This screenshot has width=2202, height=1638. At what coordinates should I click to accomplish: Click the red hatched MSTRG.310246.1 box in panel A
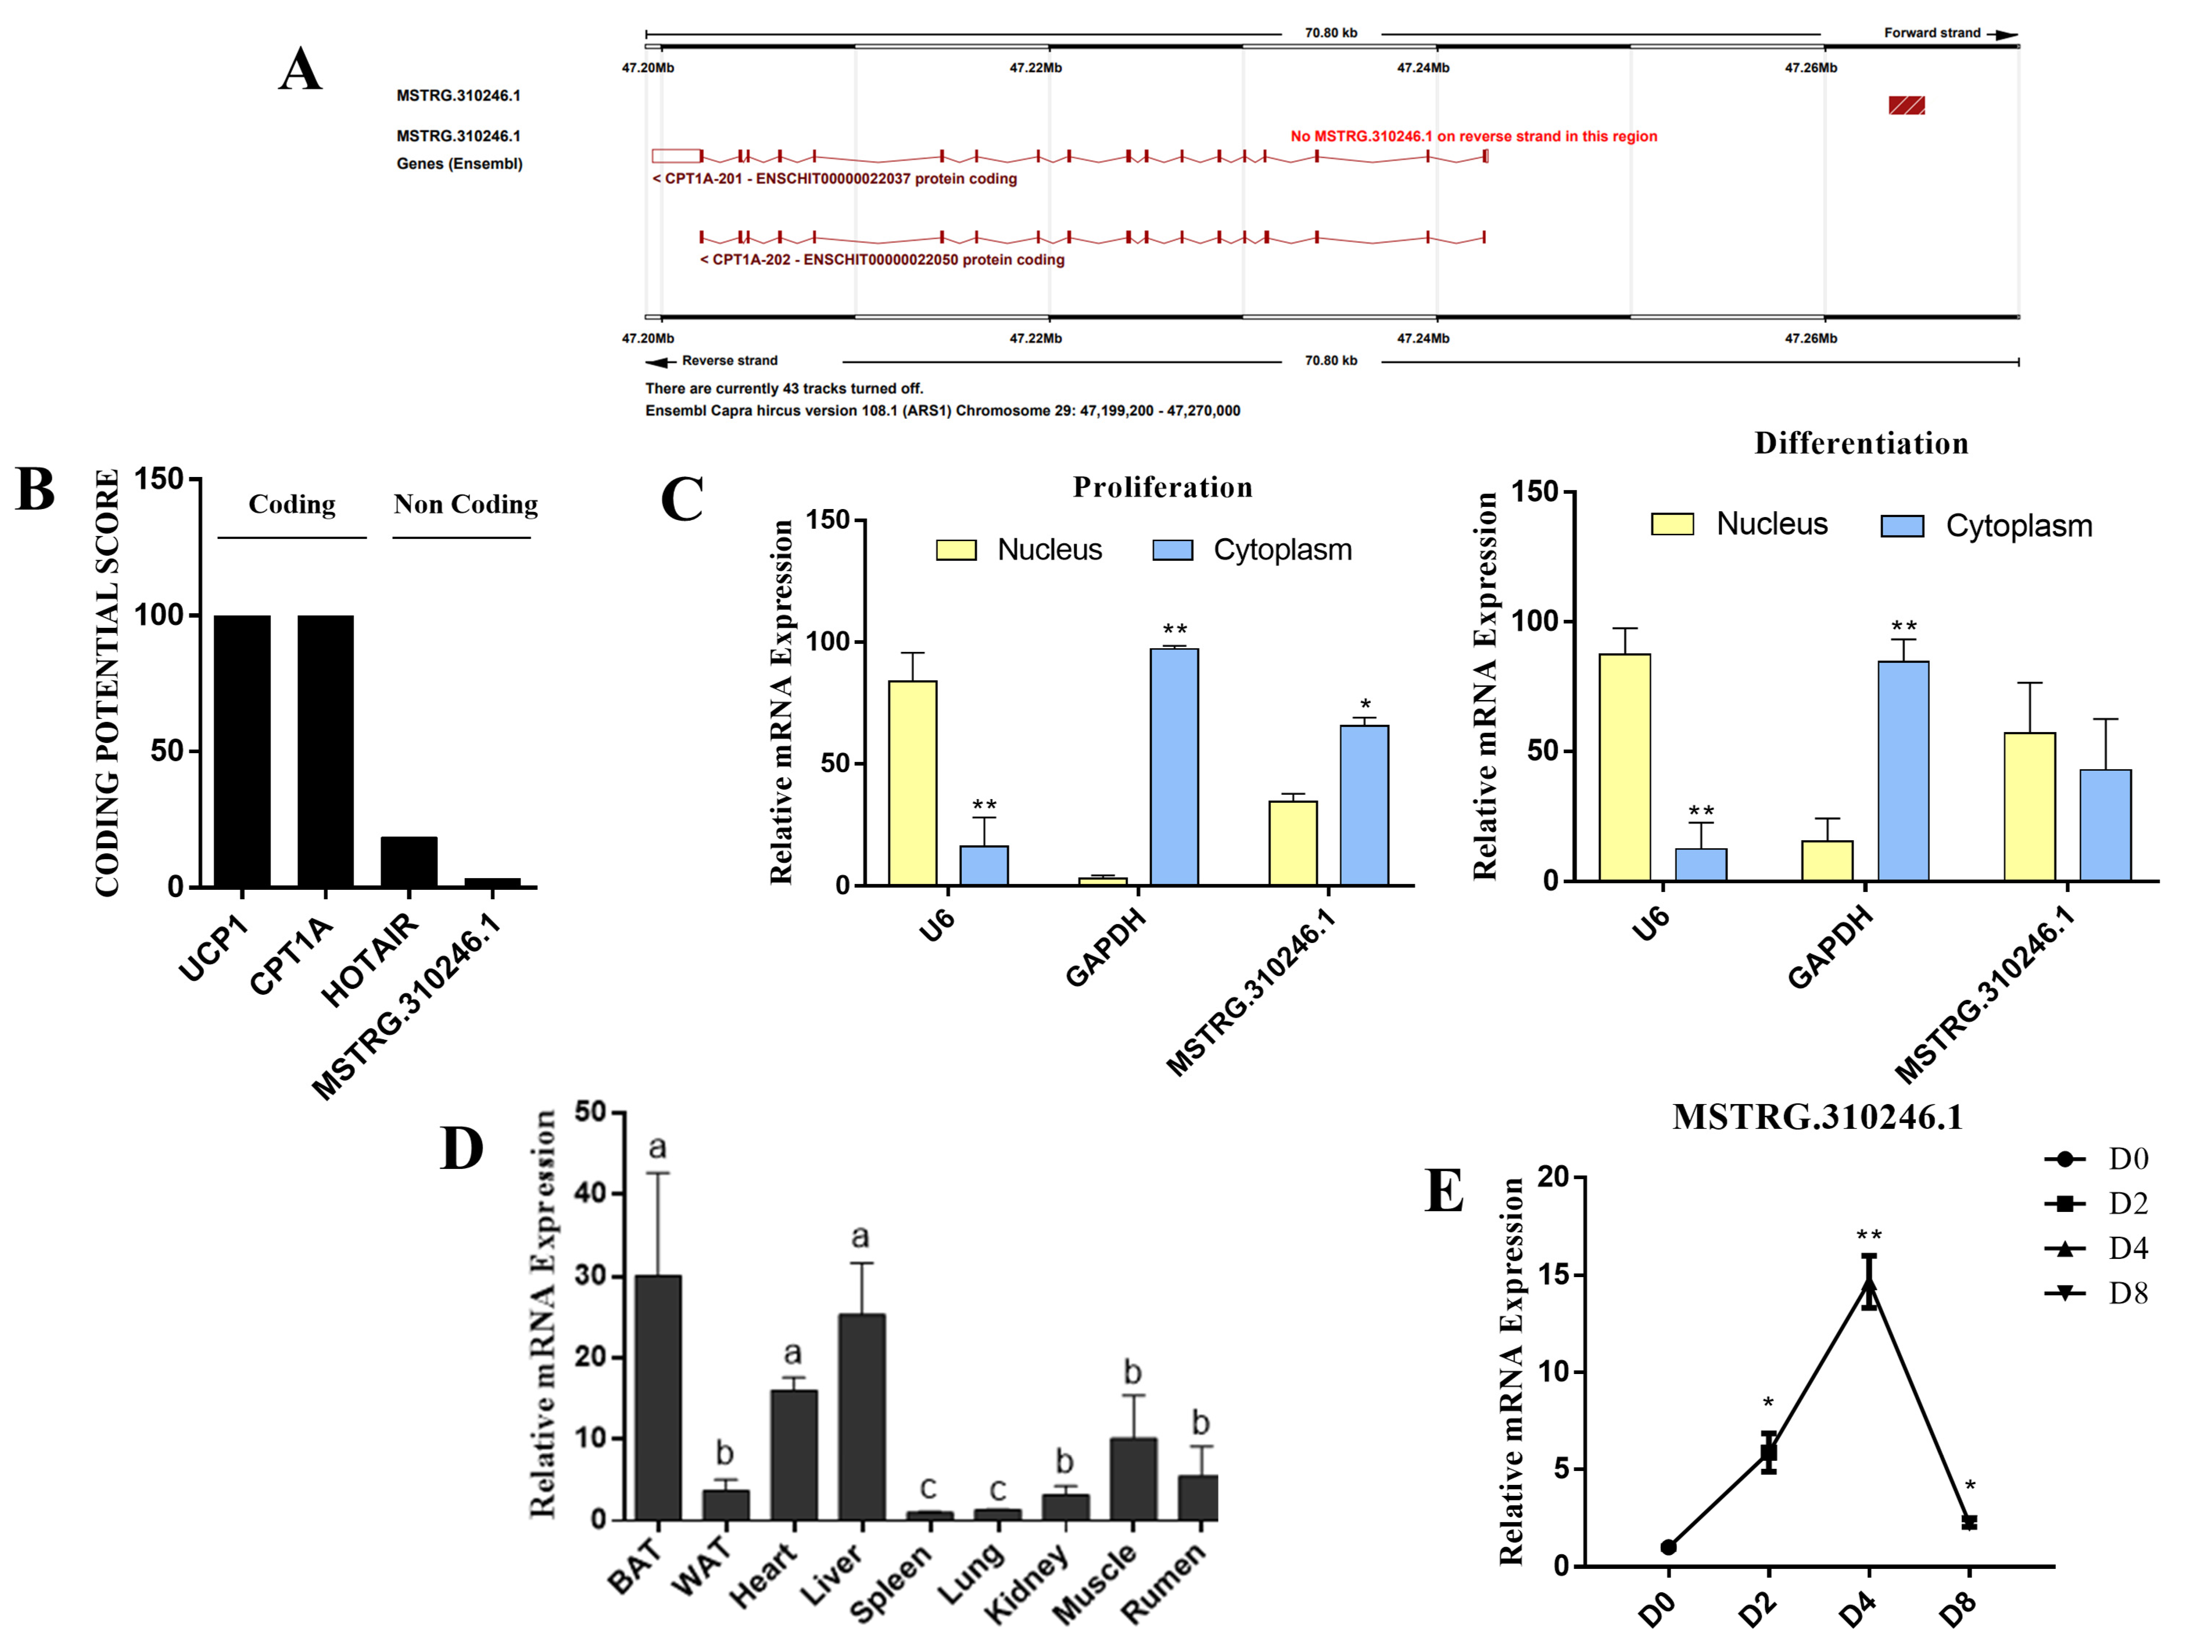coord(1906,105)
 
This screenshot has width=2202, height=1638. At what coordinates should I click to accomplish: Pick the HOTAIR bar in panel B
coord(409,862)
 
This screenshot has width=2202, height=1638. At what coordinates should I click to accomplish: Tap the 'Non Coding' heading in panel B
coord(465,505)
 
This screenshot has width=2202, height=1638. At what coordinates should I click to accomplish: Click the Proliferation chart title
coord(1162,488)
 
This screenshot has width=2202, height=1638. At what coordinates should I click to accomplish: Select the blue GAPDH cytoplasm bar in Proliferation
coord(1174,766)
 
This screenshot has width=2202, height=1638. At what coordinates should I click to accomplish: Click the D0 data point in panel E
coord(1668,1547)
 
